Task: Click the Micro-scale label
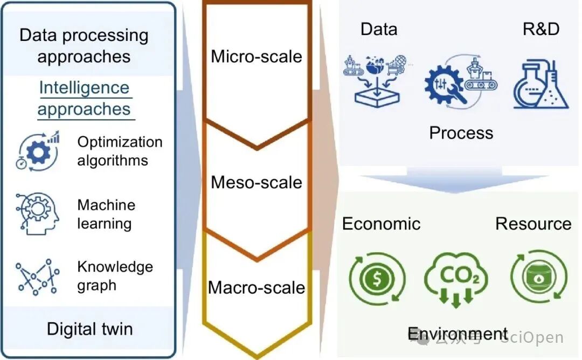tap(257, 56)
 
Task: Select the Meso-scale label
tap(257, 182)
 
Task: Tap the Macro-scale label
tap(257, 287)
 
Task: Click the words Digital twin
tap(89, 329)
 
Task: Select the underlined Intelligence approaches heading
tap(84, 98)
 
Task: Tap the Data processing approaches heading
tap(84, 46)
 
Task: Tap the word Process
tap(461, 133)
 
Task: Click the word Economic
tap(381, 223)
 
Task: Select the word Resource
tap(533, 223)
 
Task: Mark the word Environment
tap(458, 334)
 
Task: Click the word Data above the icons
tap(379, 29)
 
